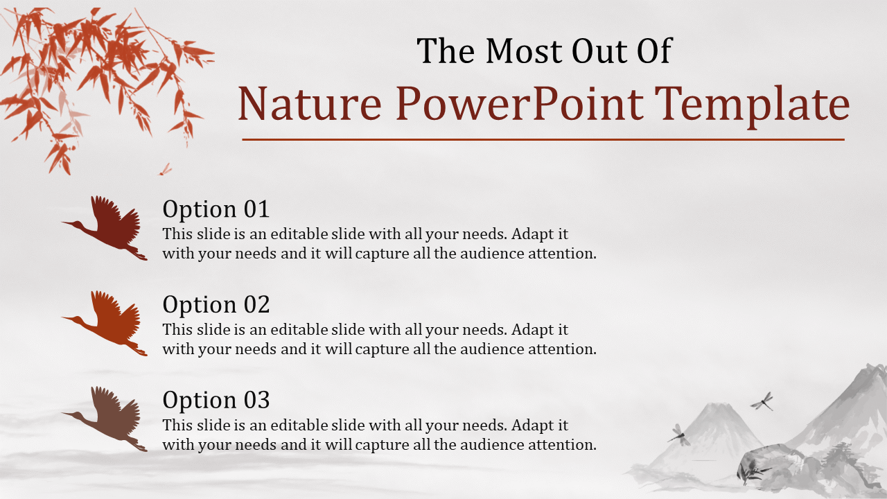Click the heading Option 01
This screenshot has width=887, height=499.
(216, 209)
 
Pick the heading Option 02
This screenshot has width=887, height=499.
(216, 304)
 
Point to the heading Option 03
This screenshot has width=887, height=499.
(216, 400)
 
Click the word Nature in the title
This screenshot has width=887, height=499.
(309, 104)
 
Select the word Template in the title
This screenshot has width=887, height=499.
(752, 105)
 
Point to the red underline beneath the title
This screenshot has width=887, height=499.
(543, 139)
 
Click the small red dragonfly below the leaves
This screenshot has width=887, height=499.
(166, 169)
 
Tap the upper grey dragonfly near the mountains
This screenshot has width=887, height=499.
(762, 401)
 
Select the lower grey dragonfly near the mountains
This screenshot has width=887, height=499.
(678, 435)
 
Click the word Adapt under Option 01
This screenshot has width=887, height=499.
(531, 234)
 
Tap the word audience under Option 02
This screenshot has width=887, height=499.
(492, 349)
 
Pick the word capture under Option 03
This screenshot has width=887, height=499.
(382, 446)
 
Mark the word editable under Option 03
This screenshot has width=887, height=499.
(299, 426)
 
